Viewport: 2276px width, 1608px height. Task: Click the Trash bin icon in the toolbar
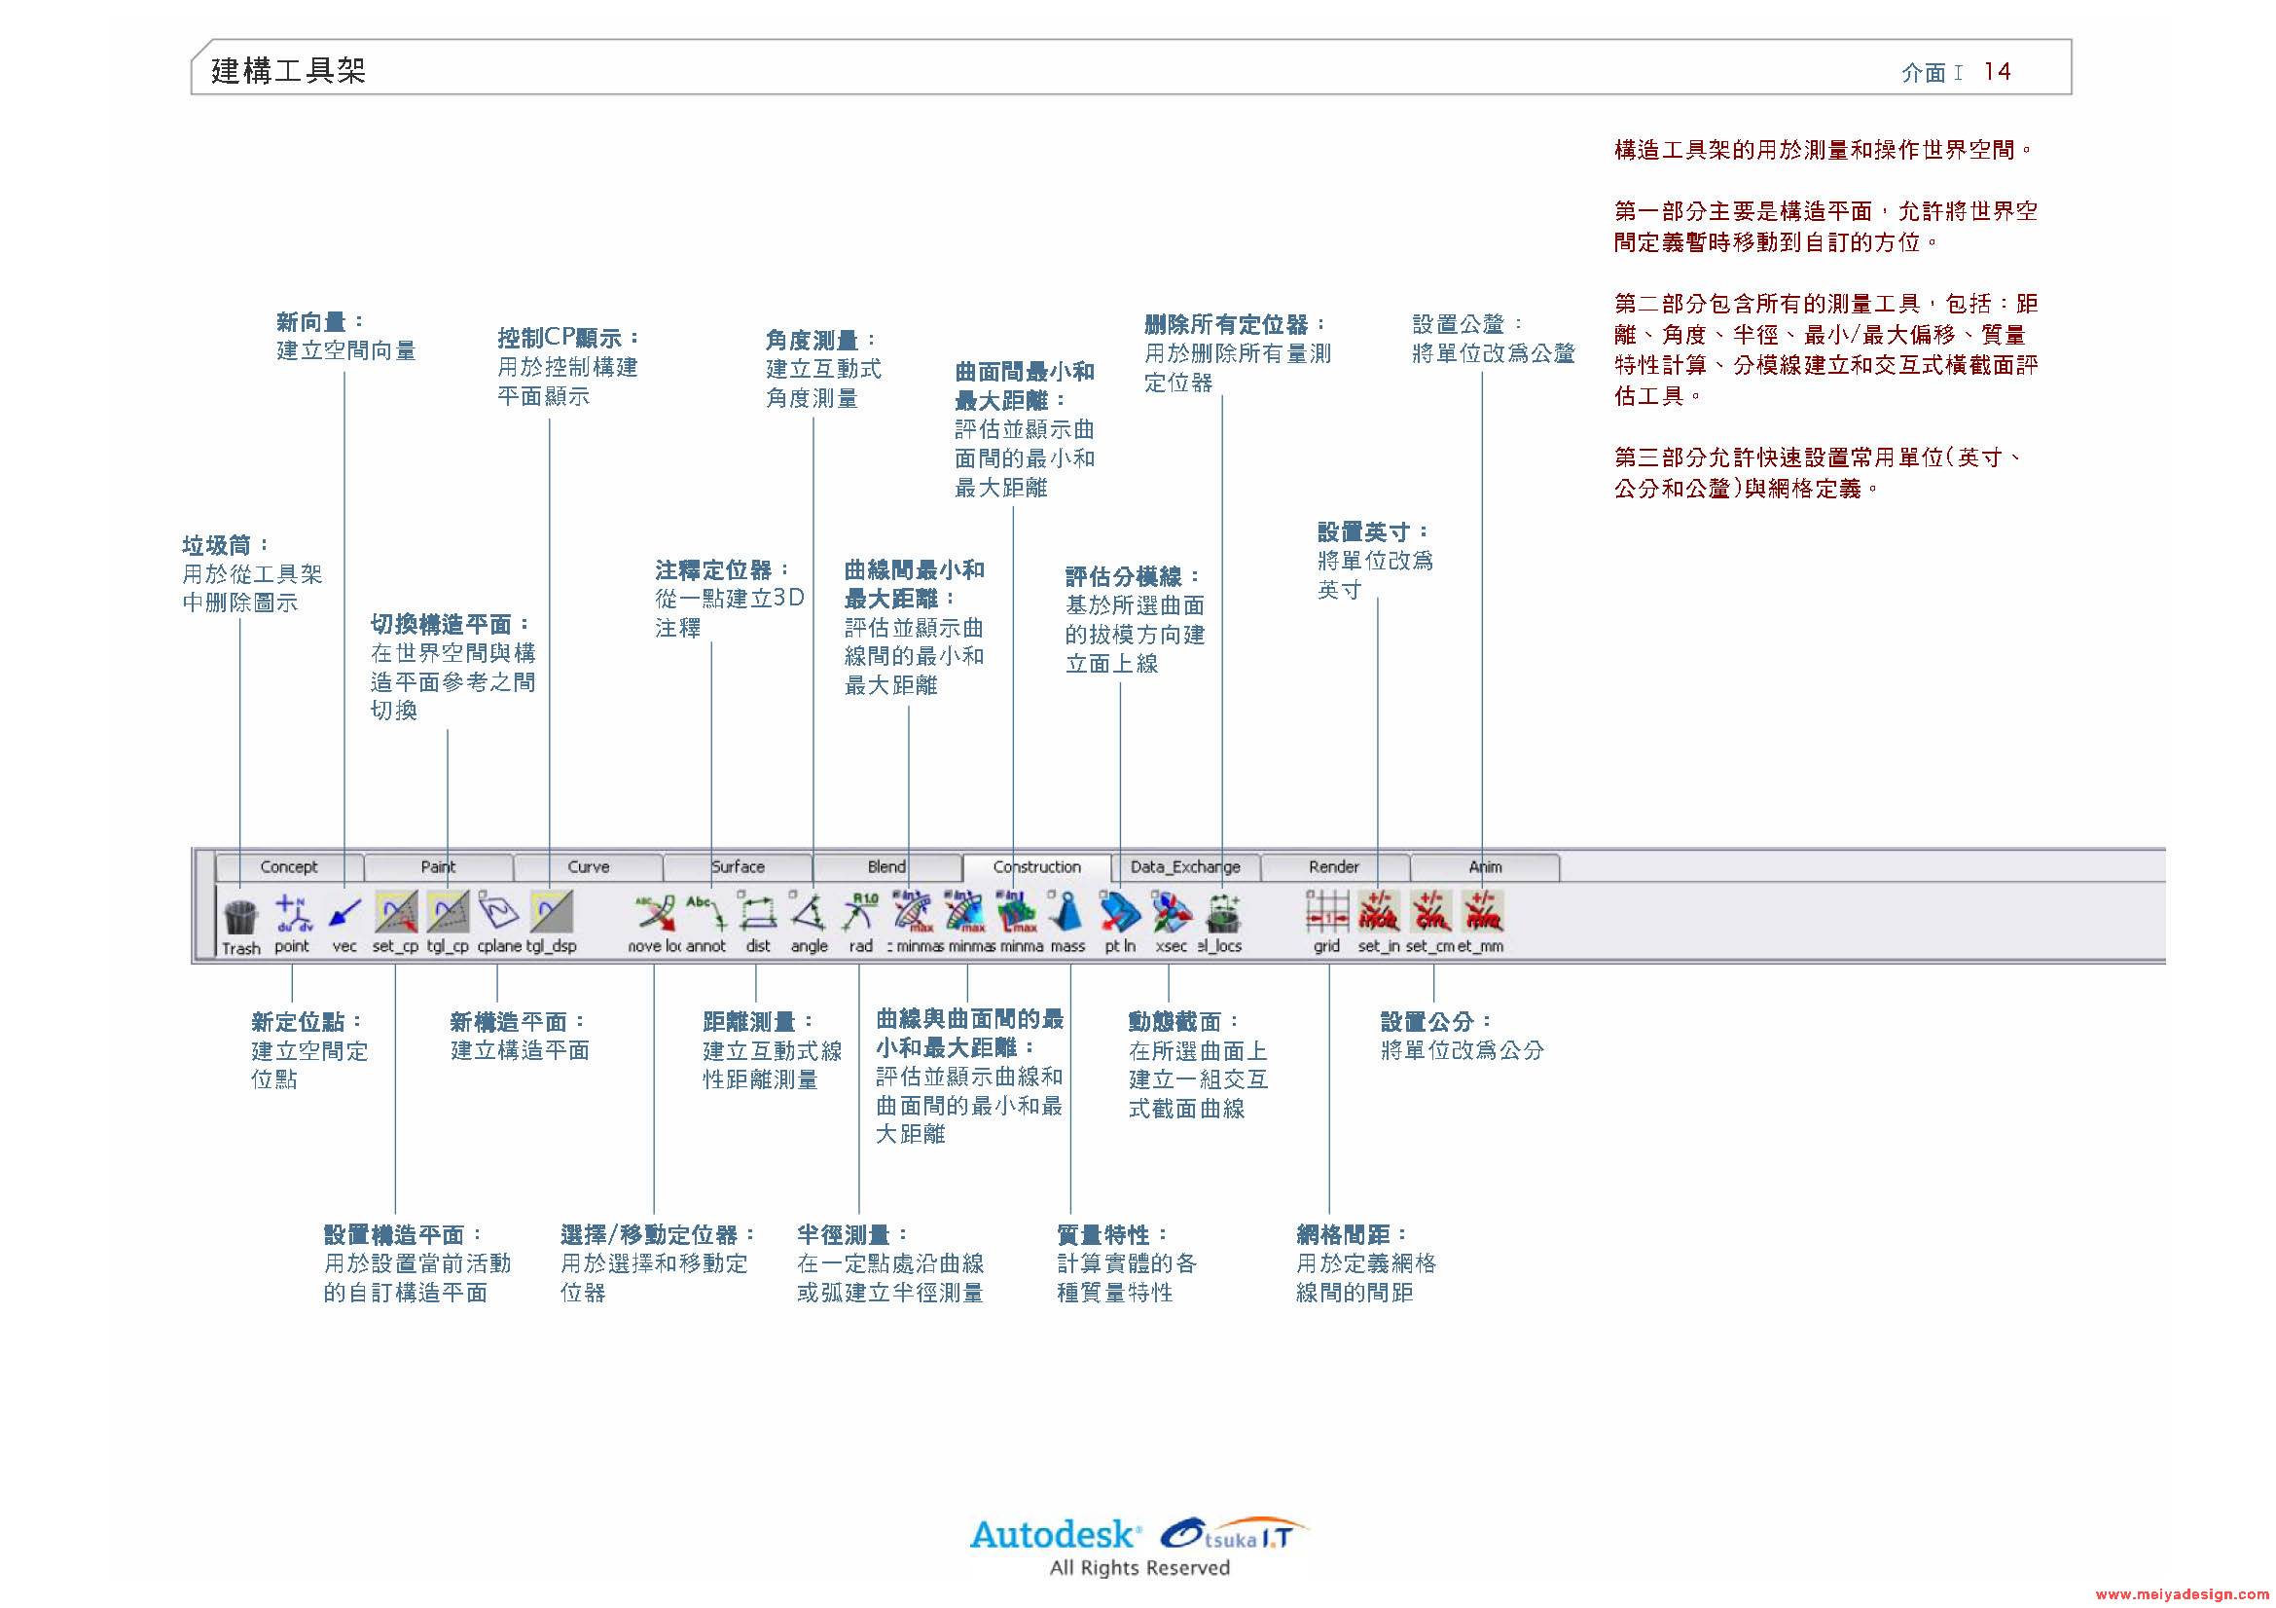[241, 917]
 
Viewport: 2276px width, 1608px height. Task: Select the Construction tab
[1037, 866]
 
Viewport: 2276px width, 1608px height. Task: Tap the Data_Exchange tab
[1185, 866]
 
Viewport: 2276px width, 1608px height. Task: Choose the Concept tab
[288, 866]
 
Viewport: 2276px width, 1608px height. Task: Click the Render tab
[1333, 866]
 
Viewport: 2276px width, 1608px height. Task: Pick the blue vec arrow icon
[345, 913]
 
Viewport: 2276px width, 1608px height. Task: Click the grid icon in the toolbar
[1327, 912]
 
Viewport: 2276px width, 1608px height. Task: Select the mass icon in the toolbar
[1067, 912]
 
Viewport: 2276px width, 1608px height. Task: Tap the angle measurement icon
[809, 912]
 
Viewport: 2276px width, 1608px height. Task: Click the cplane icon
[499, 912]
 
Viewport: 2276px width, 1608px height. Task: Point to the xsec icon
[1172, 912]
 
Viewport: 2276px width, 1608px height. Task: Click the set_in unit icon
[1379, 912]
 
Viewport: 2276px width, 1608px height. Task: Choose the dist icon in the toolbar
[758, 912]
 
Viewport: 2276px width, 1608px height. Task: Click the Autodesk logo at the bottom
[1053, 1536]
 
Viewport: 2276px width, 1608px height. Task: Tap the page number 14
[1997, 71]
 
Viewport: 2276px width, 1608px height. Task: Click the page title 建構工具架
[288, 71]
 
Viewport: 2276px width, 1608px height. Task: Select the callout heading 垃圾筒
[225, 545]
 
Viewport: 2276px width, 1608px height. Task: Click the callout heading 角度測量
[821, 340]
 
